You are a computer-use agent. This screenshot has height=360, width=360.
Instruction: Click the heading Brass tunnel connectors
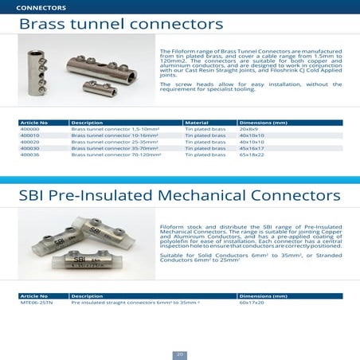point(120,25)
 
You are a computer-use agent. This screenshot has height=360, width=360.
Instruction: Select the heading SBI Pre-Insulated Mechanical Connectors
point(179,195)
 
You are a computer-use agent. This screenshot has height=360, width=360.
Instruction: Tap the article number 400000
point(29,129)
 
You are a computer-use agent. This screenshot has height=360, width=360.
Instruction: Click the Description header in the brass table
point(87,123)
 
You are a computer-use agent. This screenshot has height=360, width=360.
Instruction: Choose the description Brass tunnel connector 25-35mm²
point(106,142)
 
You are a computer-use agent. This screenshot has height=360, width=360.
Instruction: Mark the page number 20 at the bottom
point(180,353)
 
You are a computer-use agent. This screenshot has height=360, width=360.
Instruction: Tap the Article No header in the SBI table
point(33,296)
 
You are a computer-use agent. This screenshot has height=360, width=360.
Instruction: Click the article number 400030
point(29,148)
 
